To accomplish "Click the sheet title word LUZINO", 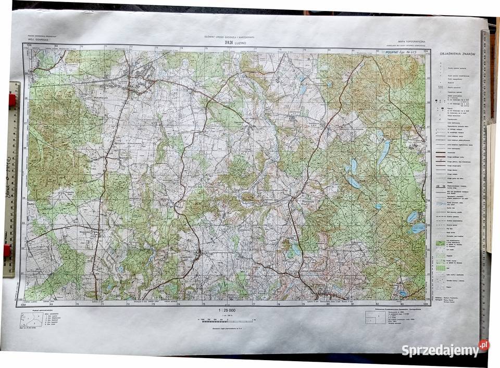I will pyautogui.click(x=241, y=43).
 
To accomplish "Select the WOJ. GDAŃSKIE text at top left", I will pyautogui.click(x=35, y=41).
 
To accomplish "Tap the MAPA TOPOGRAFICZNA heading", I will pyautogui.click(x=411, y=41).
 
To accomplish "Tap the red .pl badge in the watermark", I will pyautogui.click(x=484, y=345).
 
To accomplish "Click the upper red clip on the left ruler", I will pyautogui.click(x=11, y=100).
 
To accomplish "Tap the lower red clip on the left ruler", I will pyautogui.click(x=7, y=251).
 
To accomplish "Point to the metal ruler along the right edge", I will pyautogui.click(x=485, y=182).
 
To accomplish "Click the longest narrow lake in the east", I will pyautogui.click(x=384, y=153).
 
